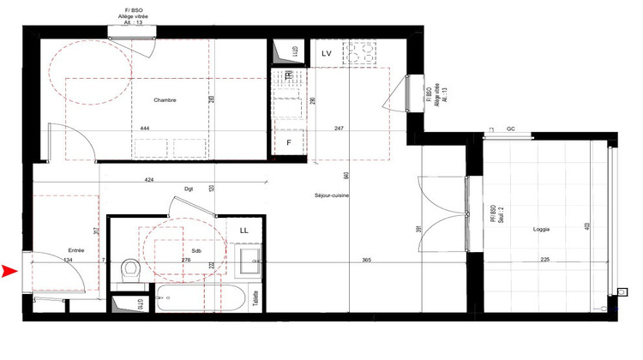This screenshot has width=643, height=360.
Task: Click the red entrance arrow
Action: pyautogui.click(x=10, y=272)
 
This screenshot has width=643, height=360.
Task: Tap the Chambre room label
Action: pyautogui.click(x=165, y=100)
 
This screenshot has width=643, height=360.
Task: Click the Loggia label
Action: pyautogui.click(x=540, y=229)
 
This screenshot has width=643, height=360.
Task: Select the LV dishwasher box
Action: pyautogui.click(x=327, y=54)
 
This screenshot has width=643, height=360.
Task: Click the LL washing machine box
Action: pyautogui.click(x=244, y=230)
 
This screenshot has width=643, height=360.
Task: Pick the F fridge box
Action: pyautogui.click(x=290, y=142)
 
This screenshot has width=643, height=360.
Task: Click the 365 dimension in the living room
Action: pyautogui.click(x=365, y=260)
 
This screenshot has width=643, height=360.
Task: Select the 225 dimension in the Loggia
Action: pyautogui.click(x=544, y=260)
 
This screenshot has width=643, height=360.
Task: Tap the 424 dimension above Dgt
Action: pyautogui.click(x=149, y=181)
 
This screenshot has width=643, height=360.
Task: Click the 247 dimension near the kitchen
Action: pyautogui.click(x=339, y=128)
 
